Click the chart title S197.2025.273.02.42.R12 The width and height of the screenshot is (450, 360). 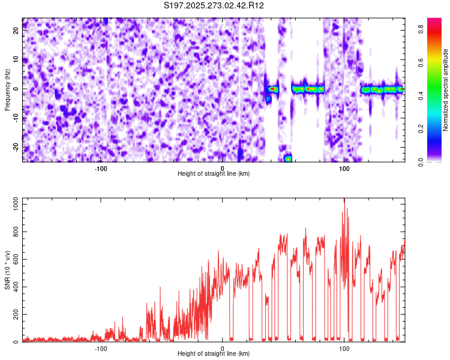(x=214, y=6)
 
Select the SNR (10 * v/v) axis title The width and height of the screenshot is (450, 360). (x=7, y=269)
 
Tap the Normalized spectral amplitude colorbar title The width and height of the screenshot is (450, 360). (x=446, y=90)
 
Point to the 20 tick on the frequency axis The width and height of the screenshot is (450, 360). (x=17, y=31)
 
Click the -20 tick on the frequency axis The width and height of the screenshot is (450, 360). (x=16, y=146)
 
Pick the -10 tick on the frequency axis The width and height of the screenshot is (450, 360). (x=16, y=118)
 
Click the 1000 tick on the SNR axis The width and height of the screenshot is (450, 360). (x=13, y=205)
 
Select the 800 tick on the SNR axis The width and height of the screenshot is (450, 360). (x=14, y=232)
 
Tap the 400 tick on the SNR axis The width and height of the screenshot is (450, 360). (x=14, y=287)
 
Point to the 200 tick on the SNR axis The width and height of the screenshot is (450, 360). (x=14, y=314)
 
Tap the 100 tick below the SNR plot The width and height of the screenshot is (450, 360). (x=344, y=349)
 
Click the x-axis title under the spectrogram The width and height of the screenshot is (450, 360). (x=214, y=174)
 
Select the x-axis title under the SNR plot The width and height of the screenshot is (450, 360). (x=214, y=354)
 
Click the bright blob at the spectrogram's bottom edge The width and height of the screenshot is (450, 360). (x=289, y=158)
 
